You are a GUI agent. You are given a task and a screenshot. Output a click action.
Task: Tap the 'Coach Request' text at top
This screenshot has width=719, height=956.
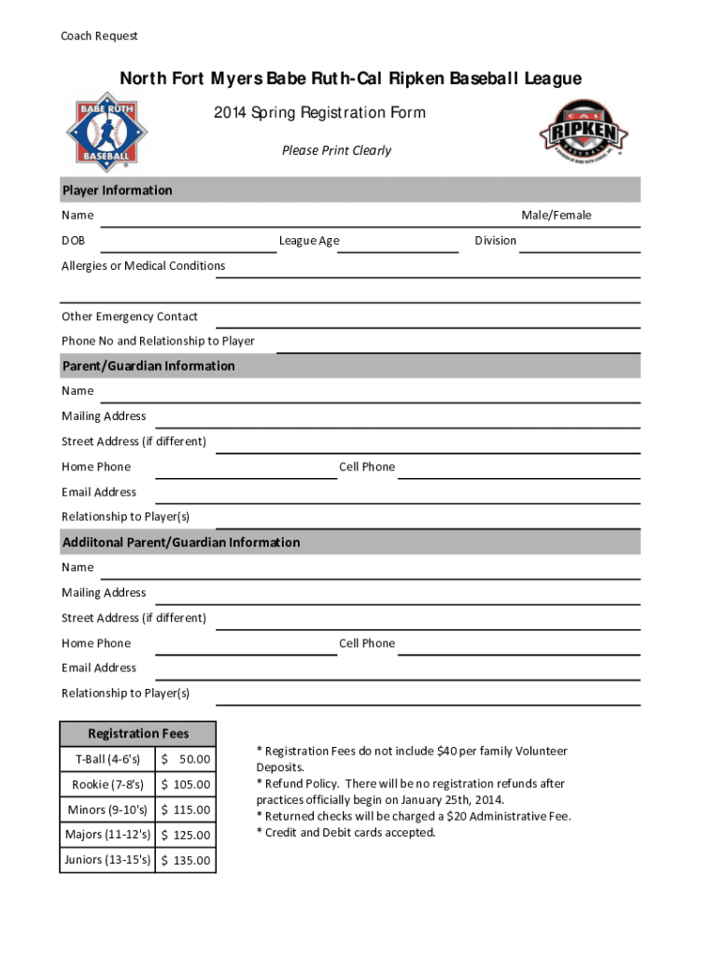(99, 35)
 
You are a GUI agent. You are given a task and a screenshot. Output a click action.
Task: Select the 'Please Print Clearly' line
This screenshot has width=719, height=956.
(336, 150)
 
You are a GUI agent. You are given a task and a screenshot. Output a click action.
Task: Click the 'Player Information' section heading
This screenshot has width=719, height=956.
(117, 190)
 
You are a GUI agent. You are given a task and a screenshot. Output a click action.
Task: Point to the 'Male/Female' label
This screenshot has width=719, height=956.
(556, 216)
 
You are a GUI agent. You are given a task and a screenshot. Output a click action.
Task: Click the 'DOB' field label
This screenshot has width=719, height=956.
(73, 241)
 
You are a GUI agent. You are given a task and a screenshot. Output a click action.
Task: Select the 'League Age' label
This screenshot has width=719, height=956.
(309, 241)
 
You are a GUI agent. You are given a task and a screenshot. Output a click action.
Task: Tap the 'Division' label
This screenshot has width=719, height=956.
(495, 241)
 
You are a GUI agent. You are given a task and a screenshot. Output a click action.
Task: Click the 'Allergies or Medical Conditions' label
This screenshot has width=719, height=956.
(143, 266)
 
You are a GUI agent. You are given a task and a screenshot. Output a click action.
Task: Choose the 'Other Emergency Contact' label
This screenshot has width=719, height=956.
(130, 316)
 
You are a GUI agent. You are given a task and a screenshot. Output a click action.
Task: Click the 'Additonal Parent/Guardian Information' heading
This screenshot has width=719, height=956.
(181, 542)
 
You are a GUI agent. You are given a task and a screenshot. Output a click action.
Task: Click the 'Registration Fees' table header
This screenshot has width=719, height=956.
(137, 734)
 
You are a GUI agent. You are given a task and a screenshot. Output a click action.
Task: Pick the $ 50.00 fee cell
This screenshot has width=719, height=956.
(186, 760)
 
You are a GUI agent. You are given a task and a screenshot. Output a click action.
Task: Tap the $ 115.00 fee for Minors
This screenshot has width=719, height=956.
(186, 810)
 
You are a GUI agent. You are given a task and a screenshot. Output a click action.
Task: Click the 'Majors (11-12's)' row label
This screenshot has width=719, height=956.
(107, 835)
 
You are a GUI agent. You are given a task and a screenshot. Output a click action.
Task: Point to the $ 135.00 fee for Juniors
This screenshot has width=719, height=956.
(186, 860)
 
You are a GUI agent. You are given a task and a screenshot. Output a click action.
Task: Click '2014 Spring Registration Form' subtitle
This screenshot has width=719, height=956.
(319, 113)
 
